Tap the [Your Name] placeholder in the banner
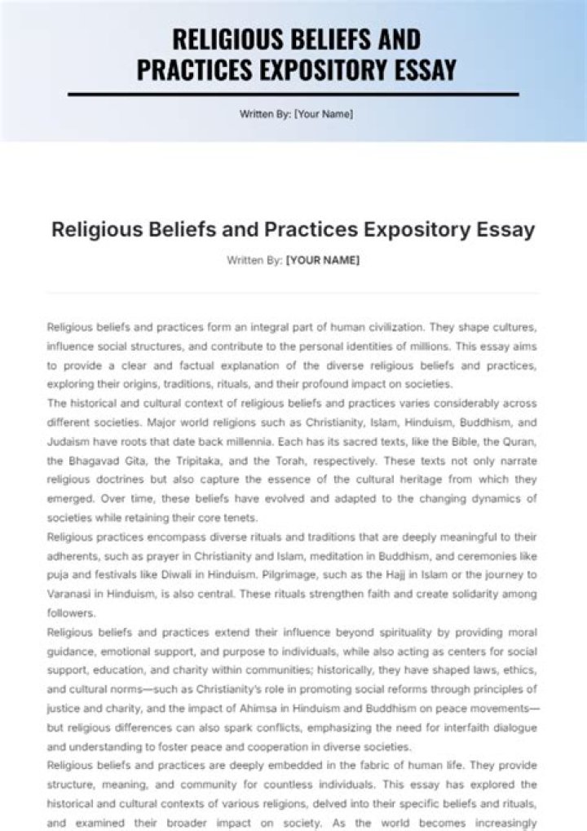click(x=324, y=114)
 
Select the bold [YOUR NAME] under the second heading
click(x=323, y=261)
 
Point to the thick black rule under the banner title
click(x=293, y=95)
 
